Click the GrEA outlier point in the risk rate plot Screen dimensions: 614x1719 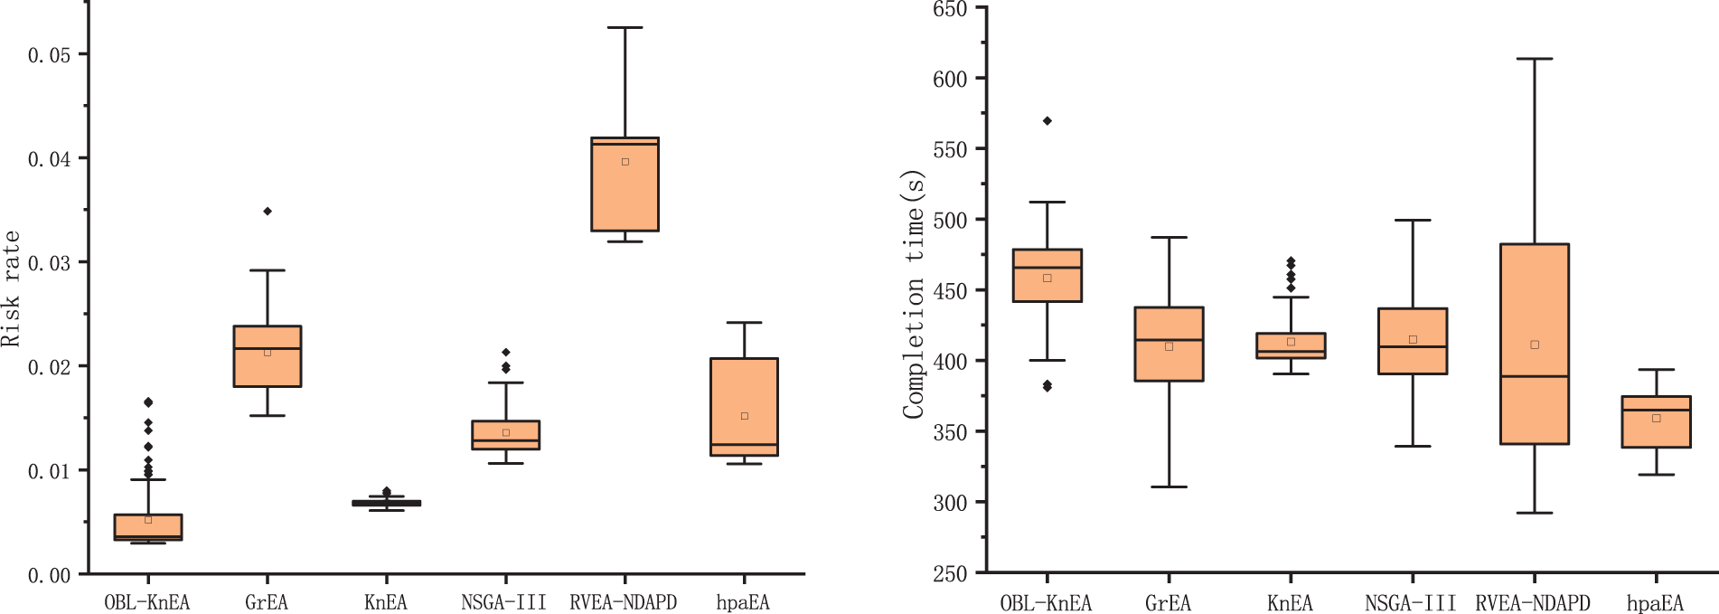268,211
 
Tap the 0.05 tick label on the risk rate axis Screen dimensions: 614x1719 49,55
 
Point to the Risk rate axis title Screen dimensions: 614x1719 11,288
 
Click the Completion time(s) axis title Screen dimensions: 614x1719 914,294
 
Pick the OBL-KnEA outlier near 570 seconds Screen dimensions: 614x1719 1047,120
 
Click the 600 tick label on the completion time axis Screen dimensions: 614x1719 949,80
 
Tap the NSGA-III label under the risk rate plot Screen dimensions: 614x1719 503,602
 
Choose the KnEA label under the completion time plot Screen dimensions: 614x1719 1290,603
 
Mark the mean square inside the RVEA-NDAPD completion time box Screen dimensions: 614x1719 1535,345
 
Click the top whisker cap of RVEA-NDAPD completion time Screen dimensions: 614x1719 1535,59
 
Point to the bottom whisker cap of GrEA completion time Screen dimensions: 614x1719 1169,486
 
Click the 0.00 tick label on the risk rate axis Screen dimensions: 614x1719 49,575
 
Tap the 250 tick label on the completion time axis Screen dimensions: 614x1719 949,573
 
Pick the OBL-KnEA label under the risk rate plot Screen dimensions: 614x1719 146,602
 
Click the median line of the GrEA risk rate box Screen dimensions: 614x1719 268,348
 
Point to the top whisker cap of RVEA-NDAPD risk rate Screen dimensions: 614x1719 625,27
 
